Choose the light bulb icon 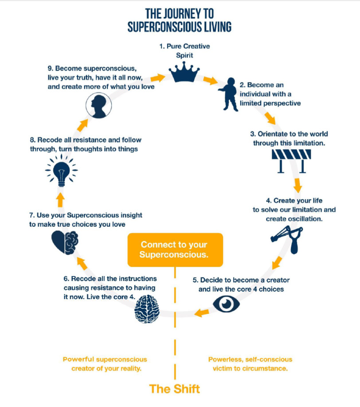[61, 170]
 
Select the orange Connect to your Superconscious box [175, 249]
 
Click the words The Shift [175, 389]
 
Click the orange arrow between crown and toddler [211, 81]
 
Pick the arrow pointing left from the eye [202, 312]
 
